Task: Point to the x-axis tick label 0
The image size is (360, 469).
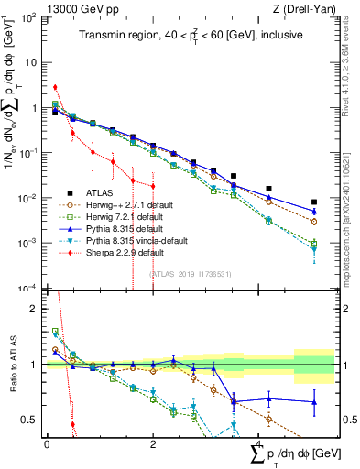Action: (x=47, y=443)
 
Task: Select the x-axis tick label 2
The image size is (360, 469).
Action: (x=153, y=443)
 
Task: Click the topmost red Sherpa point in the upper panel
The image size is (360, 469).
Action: (x=56, y=88)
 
